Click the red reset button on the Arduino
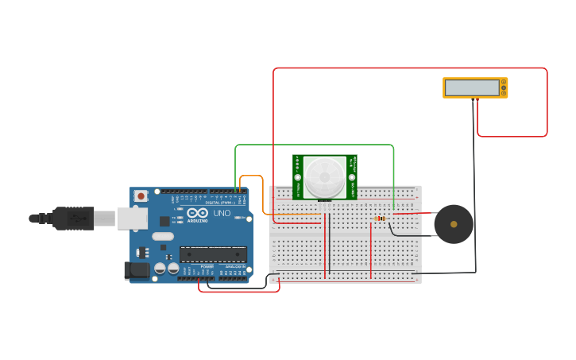click(141, 195)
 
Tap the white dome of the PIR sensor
click(325, 176)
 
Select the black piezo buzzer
click(453, 224)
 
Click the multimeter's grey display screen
click(471, 87)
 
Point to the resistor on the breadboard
click(380, 219)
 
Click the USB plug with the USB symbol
click(73, 218)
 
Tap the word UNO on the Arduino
click(222, 213)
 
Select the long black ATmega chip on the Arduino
click(212, 254)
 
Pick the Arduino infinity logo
click(197, 213)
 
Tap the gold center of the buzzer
click(454, 224)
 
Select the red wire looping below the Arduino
click(238, 291)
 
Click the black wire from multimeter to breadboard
click(475, 191)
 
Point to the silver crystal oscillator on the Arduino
click(162, 236)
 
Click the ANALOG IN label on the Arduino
click(235, 266)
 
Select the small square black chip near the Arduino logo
click(164, 221)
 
